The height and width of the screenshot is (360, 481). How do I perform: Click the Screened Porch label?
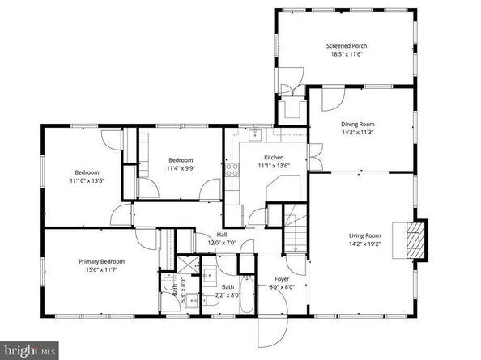tap(347, 46)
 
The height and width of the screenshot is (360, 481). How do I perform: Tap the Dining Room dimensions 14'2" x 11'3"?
tap(358, 133)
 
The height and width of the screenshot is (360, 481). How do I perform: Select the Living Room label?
tap(364, 235)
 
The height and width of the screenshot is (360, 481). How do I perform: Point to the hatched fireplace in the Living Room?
tap(415, 240)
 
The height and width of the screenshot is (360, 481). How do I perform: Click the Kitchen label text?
tap(274, 158)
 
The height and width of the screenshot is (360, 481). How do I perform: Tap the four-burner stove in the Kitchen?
tap(232, 170)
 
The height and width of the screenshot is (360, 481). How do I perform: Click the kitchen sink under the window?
tap(254, 135)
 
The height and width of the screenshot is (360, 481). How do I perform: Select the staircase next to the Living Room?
tap(296, 228)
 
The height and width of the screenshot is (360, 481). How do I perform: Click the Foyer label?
tap(282, 279)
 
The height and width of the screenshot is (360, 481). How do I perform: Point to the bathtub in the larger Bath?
tap(247, 294)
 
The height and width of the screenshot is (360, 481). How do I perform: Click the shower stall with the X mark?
tap(188, 265)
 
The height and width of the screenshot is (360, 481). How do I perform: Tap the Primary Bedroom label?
tap(101, 261)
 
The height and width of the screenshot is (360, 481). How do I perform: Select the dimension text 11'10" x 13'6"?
tap(87, 180)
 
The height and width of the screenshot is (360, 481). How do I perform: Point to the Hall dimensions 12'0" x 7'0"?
tap(222, 243)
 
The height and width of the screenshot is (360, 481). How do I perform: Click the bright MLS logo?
tap(29, 350)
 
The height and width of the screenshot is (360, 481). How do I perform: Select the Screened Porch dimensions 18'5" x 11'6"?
tap(347, 54)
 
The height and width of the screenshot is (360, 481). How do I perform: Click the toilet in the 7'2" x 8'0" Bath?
tap(211, 301)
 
